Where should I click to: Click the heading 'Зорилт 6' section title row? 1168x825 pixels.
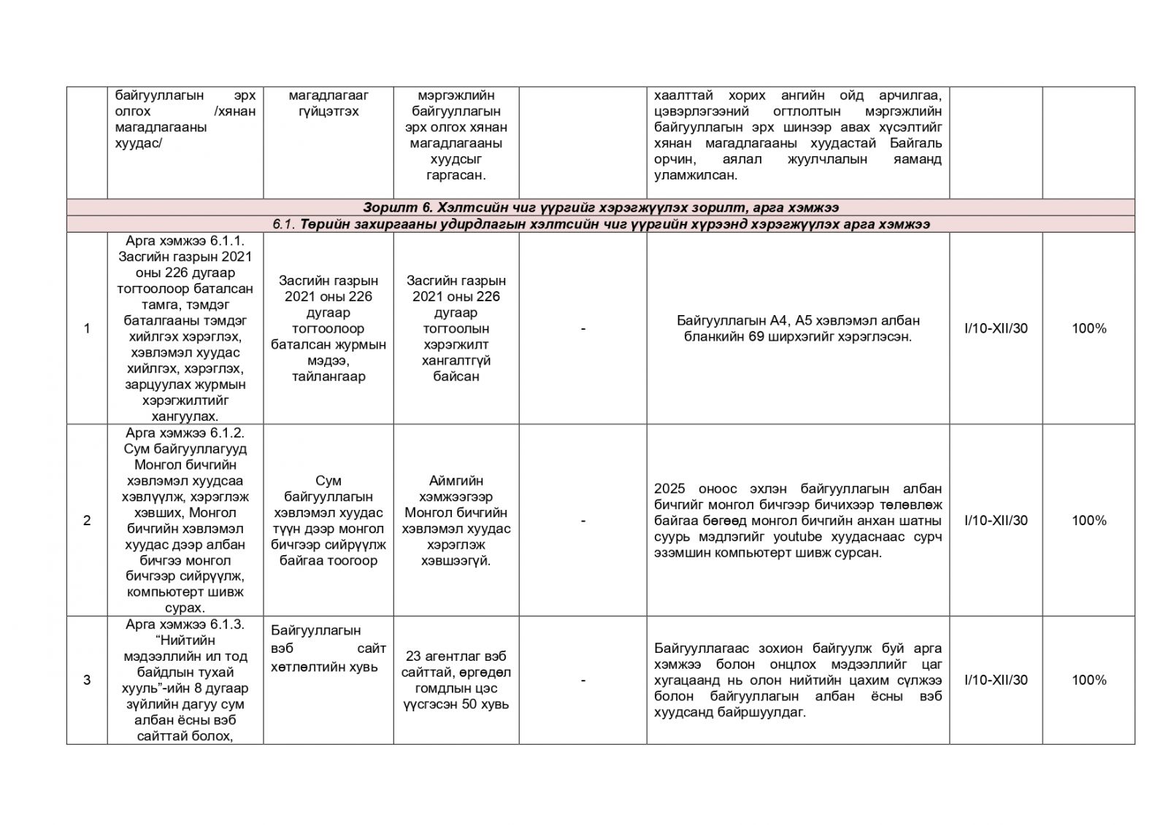(x=600, y=208)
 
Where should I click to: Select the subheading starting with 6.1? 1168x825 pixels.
(x=600, y=225)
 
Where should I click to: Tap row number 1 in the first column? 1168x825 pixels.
(x=87, y=329)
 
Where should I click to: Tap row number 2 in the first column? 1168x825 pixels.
(x=87, y=521)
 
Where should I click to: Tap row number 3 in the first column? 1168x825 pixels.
(x=87, y=681)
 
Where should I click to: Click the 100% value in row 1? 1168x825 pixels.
(x=1088, y=329)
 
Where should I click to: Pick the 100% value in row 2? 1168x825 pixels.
(x=1088, y=521)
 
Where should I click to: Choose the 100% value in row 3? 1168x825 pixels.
(x=1088, y=681)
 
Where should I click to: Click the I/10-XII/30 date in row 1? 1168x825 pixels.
(x=996, y=329)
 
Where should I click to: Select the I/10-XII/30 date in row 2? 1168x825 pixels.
(x=996, y=521)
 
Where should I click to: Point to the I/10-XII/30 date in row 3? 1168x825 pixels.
(x=996, y=681)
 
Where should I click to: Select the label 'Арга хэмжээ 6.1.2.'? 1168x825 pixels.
(x=185, y=433)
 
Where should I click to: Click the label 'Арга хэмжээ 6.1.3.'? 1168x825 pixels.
(x=185, y=625)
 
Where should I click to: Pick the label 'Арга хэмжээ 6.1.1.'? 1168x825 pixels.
(x=185, y=241)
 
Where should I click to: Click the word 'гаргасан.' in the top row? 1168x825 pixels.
(x=456, y=176)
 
